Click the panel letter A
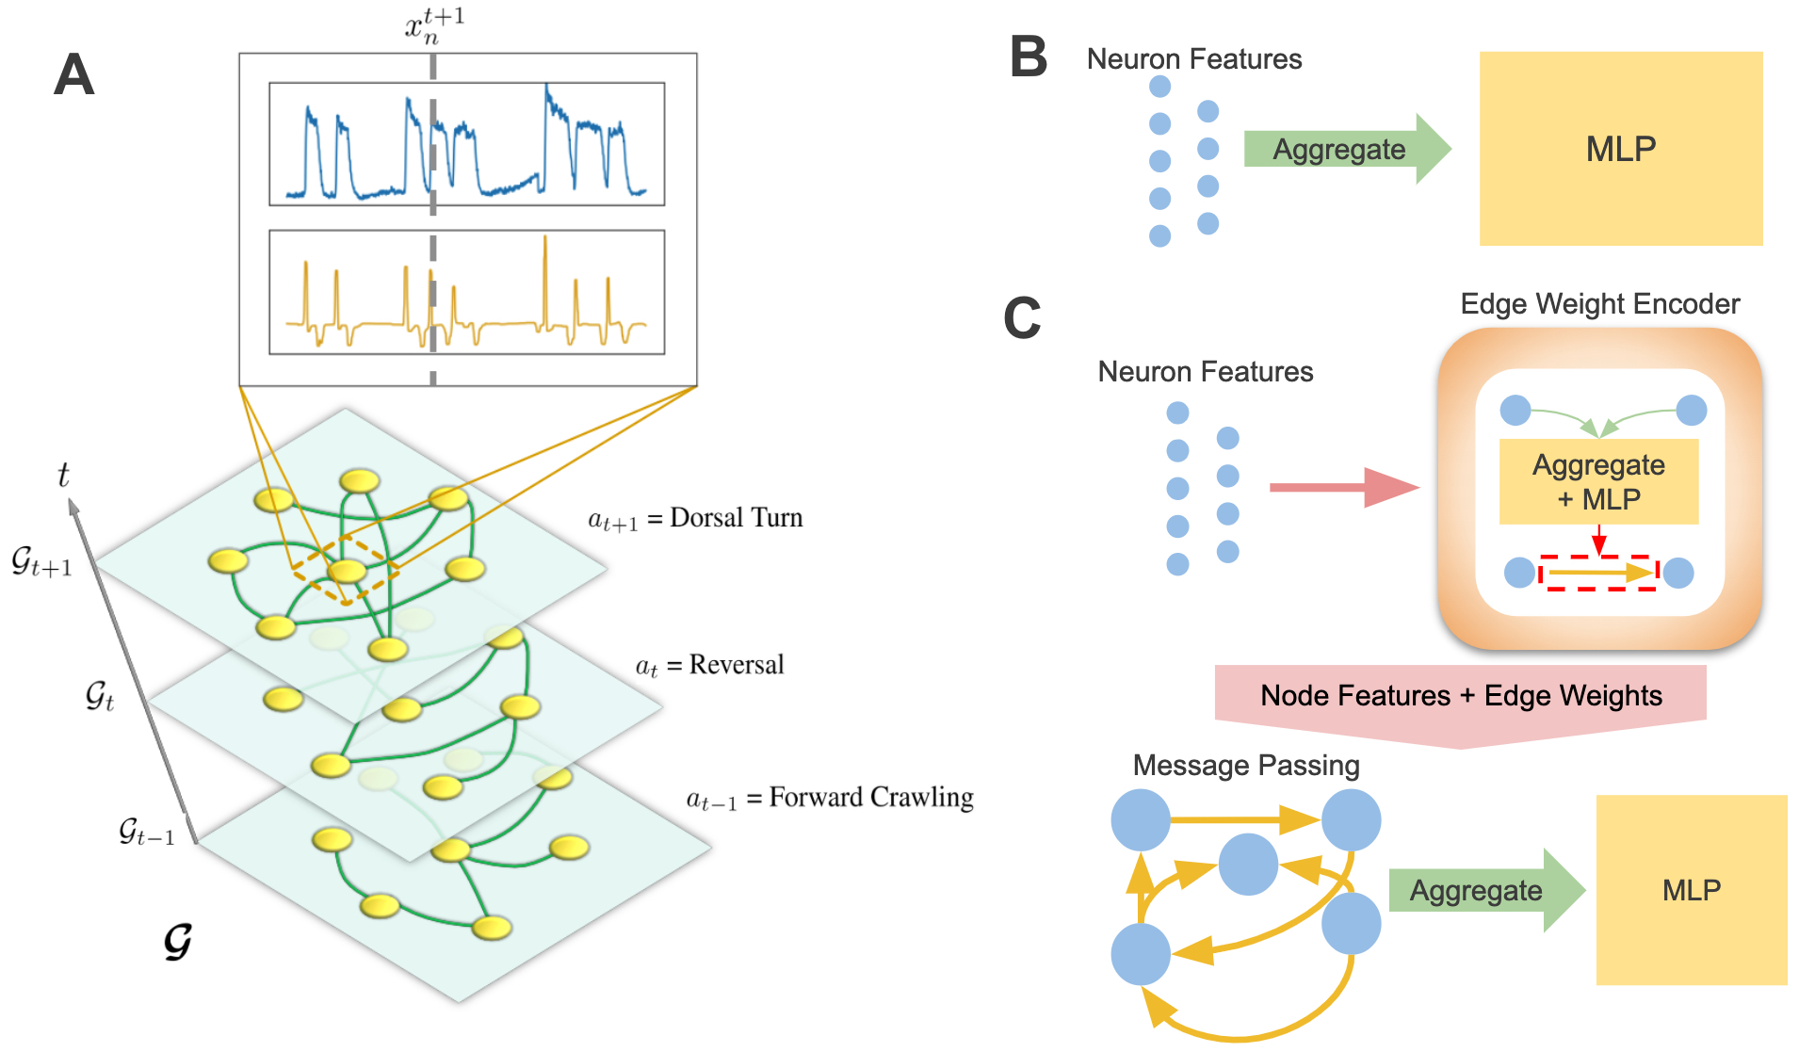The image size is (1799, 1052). pyautogui.click(x=74, y=74)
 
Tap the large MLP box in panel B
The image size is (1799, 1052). pyautogui.click(x=1621, y=149)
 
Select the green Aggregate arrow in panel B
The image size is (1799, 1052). pyautogui.click(x=1348, y=149)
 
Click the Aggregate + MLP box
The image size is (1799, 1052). pyautogui.click(x=1599, y=481)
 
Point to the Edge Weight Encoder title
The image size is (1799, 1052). pyautogui.click(x=1600, y=304)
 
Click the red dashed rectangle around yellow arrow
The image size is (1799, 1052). pyautogui.click(x=1598, y=573)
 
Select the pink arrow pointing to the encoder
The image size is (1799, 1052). pyautogui.click(x=1345, y=487)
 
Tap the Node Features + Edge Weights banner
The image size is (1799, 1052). pyautogui.click(x=1461, y=696)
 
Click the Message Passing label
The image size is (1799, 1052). pyautogui.click(x=1246, y=766)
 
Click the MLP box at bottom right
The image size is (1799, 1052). pyautogui.click(x=1692, y=890)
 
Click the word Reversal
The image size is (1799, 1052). pyautogui.click(x=737, y=665)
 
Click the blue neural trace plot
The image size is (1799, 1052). pyautogui.click(x=467, y=144)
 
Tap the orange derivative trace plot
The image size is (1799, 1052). pyautogui.click(x=467, y=292)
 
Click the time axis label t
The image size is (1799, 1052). pyautogui.click(x=63, y=474)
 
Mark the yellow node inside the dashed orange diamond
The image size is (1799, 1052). pyautogui.click(x=347, y=571)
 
